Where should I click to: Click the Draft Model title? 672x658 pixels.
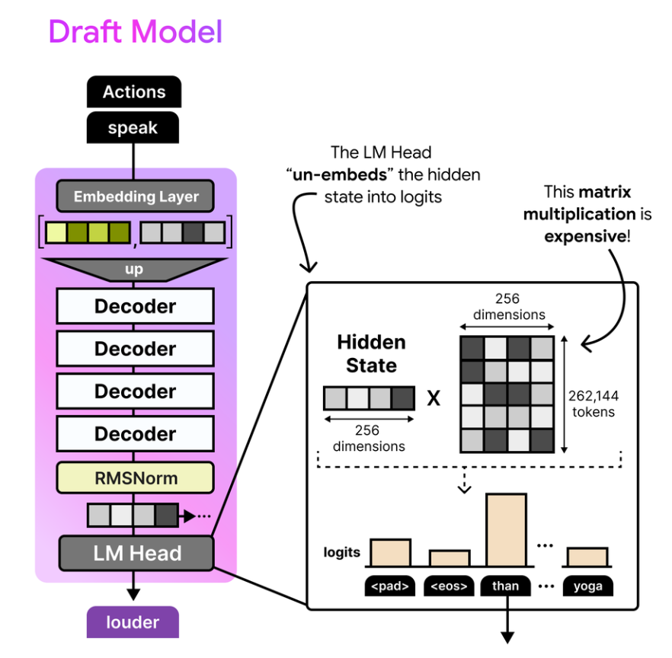click(x=136, y=32)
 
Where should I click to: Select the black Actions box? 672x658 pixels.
click(x=134, y=91)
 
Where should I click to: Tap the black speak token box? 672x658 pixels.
click(x=133, y=128)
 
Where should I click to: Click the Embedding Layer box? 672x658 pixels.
click(x=136, y=196)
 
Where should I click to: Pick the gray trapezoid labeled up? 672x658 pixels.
click(x=134, y=270)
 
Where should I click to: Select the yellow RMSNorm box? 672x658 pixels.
click(x=136, y=478)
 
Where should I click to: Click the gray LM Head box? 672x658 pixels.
click(x=136, y=553)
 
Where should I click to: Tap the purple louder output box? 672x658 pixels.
click(x=133, y=622)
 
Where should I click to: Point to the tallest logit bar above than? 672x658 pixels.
click(x=506, y=530)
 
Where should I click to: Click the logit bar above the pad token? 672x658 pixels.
click(x=390, y=553)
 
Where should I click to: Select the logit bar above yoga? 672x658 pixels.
click(x=587, y=557)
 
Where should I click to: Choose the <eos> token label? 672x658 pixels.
click(x=450, y=586)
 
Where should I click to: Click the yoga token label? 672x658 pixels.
click(x=588, y=586)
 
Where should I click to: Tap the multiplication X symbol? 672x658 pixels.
click(x=434, y=398)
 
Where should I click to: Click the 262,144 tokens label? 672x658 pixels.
click(x=594, y=404)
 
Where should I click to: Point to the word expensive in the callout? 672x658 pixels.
click(x=585, y=236)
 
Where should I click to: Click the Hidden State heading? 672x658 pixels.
click(x=371, y=354)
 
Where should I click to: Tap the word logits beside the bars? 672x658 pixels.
click(x=341, y=553)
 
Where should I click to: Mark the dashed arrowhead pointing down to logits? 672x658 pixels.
click(x=465, y=489)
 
